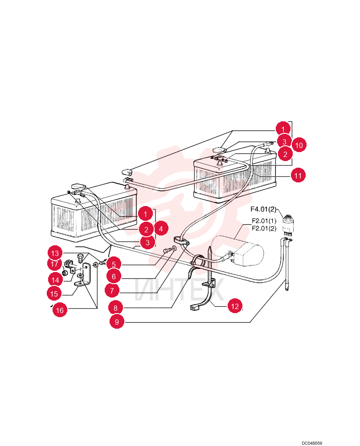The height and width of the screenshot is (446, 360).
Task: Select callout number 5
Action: click(x=114, y=264)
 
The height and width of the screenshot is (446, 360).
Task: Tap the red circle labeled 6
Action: click(x=114, y=276)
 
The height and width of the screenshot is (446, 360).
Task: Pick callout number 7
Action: click(x=112, y=291)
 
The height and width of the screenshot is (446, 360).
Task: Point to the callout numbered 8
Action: click(x=116, y=308)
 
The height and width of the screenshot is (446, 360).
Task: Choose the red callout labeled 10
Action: click(x=299, y=145)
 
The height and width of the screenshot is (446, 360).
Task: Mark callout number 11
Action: click(x=298, y=175)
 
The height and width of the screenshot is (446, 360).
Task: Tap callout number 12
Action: click(x=235, y=306)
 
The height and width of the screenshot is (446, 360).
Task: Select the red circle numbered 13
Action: click(x=55, y=253)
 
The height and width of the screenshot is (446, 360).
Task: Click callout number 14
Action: click(x=55, y=280)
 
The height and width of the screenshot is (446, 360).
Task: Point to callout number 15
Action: click(x=54, y=293)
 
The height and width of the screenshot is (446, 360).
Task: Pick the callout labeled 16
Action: click(x=60, y=310)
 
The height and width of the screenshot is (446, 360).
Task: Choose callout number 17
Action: click(x=54, y=264)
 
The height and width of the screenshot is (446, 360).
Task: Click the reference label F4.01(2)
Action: click(x=263, y=209)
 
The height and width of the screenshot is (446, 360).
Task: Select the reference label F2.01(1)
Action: click(x=264, y=221)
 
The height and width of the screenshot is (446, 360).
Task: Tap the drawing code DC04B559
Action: click(x=312, y=443)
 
